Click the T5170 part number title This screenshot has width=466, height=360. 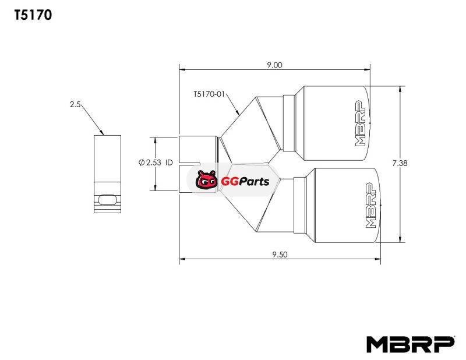pos(33,15)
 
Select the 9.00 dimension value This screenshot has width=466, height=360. pos(274,65)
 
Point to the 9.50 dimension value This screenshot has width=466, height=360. pos(280,255)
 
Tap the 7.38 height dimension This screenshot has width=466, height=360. pos(400,163)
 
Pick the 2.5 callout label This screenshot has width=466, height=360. pos(75,104)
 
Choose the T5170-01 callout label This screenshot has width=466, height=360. pos(209,94)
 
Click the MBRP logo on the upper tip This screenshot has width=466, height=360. pos(361,123)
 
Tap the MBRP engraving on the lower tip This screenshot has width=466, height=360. pos(370,206)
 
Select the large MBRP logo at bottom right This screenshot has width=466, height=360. pos(411,344)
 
